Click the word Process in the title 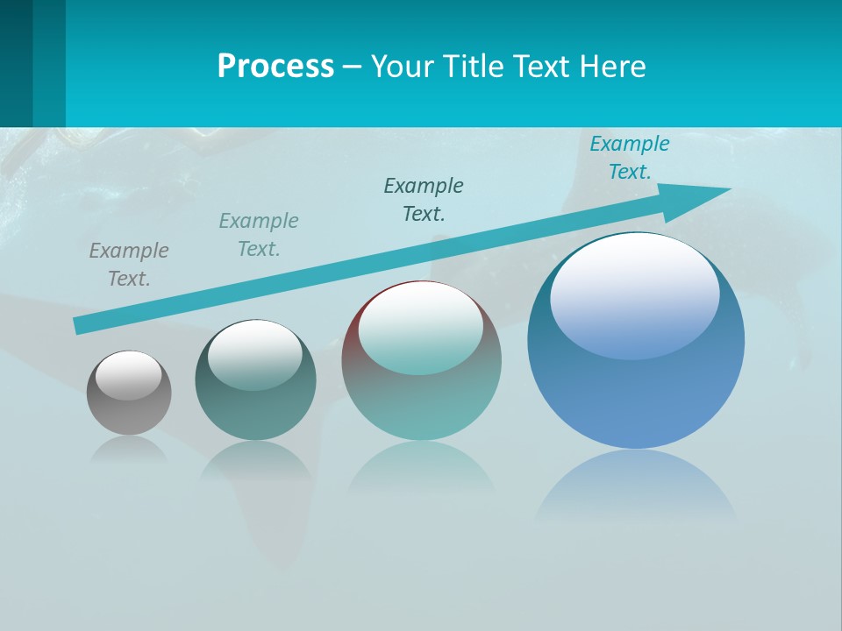click(x=275, y=67)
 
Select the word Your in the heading click(x=400, y=67)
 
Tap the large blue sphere click(x=636, y=386)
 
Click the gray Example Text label click(x=129, y=265)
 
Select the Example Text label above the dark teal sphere click(x=259, y=235)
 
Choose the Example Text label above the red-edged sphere click(x=424, y=199)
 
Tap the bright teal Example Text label click(x=629, y=158)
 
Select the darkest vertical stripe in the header click(x=16, y=63)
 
